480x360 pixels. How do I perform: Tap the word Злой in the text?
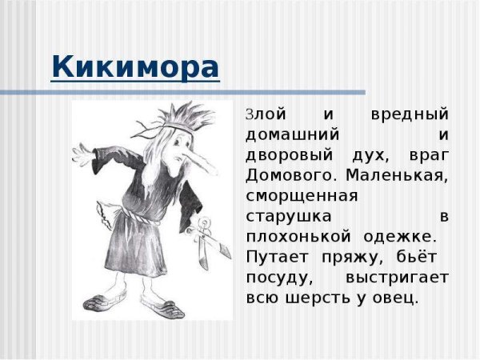point(260,114)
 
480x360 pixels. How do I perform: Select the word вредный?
point(410,114)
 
